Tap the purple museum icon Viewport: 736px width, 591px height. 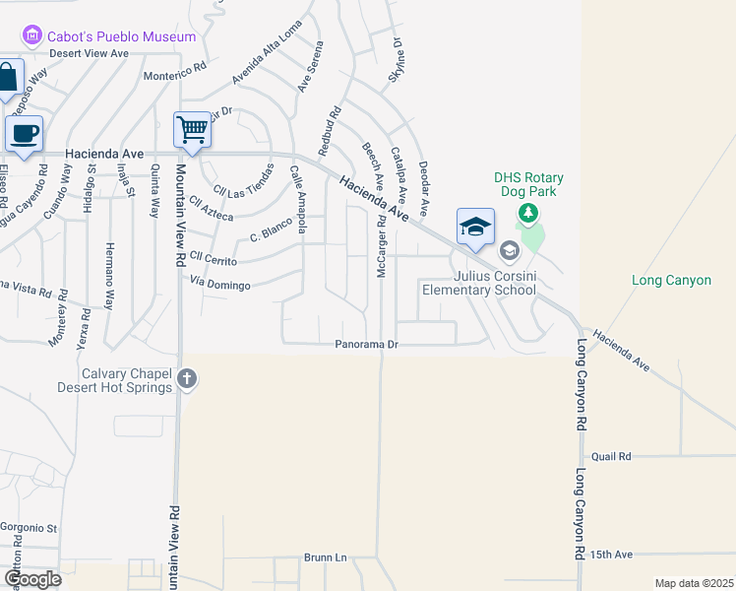click(x=31, y=36)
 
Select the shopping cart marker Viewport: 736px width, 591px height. click(x=192, y=128)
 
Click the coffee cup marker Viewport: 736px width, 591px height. click(x=24, y=132)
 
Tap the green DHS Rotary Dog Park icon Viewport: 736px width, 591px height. click(x=528, y=212)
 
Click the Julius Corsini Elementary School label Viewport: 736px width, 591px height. click(x=479, y=283)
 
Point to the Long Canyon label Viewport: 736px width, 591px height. click(x=671, y=281)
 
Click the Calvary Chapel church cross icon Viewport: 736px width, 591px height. click(x=187, y=377)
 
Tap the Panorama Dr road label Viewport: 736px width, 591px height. click(x=366, y=345)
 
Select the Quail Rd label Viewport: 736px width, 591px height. click(x=611, y=457)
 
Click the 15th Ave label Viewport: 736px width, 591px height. click(x=612, y=555)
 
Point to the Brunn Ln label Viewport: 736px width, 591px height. click(x=326, y=558)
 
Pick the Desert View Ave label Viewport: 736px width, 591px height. click(x=90, y=53)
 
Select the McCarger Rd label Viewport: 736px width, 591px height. click(x=381, y=245)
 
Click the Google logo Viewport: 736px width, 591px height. click(x=32, y=579)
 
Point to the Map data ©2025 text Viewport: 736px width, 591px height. click(x=693, y=583)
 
